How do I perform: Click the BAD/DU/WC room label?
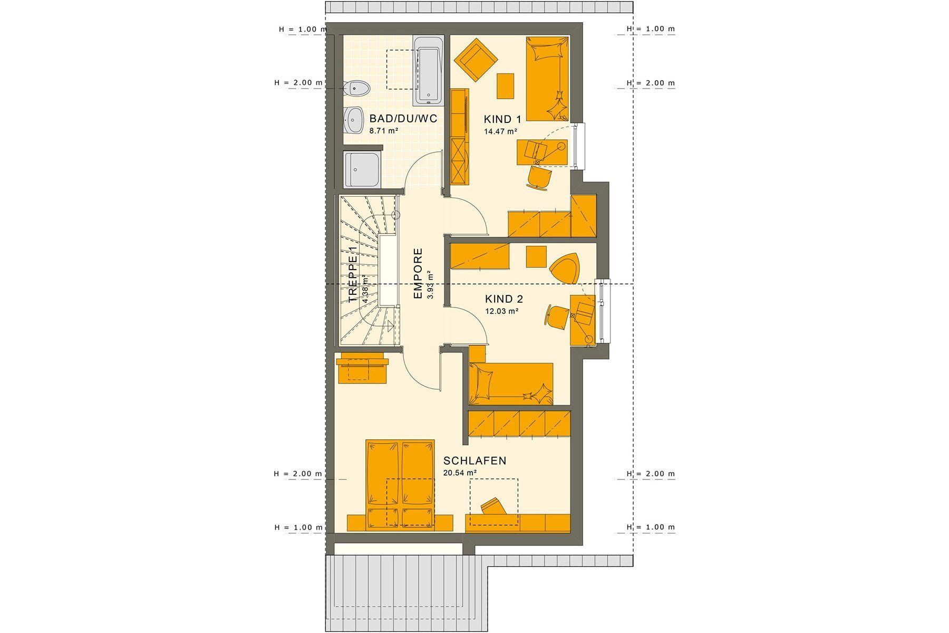pyautogui.click(x=403, y=118)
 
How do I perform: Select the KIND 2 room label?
pyautogui.click(x=504, y=299)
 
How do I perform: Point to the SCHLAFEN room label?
pyautogui.click(x=475, y=461)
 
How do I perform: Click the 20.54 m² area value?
pyautogui.click(x=460, y=473)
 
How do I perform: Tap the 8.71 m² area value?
pyautogui.click(x=384, y=130)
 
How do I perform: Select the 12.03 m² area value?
pyautogui.click(x=502, y=311)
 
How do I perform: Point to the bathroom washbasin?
pyautogui.click(x=353, y=121)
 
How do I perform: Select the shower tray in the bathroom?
pyautogui.click(x=362, y=169)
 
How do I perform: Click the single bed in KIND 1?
pyautogui.click(x=547, y=79)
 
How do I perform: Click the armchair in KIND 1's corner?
pyautogui.click(x=476, y=59)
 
